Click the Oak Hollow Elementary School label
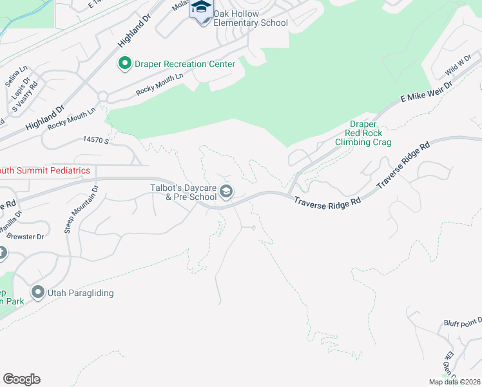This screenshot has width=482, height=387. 251,19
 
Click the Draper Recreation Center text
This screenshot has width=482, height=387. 185,63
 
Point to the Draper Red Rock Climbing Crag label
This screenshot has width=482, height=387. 363,133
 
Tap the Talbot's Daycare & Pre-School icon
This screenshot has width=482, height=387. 226,191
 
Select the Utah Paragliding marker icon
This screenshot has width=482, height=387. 37,293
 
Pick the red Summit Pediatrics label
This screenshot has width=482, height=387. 44,170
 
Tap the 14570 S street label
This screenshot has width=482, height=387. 97,139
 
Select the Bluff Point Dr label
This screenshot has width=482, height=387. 462,322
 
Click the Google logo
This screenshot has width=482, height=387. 21,379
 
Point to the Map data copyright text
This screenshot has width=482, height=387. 455,382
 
